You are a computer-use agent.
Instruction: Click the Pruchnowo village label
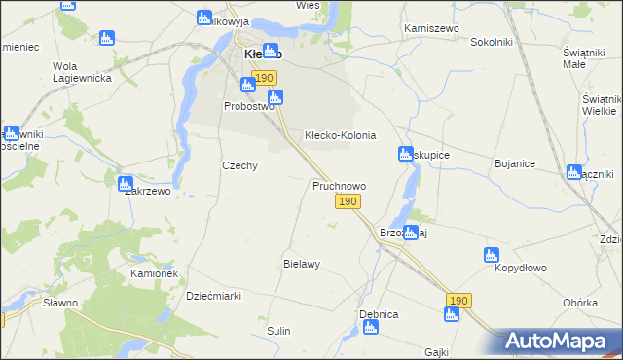(x=339, y=185)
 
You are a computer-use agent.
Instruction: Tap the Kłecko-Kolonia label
(x=340, y=135)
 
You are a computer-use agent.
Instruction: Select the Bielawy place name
(x=302, y=264)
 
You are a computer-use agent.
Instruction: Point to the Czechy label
(x=239, y=165)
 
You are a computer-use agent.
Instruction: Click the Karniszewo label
(x=432, y=30)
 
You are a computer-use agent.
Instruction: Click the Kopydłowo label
(x=521, y=268)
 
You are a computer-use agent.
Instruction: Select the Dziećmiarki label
(x=213, y=296)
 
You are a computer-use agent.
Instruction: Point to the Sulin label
(x=279, y=331)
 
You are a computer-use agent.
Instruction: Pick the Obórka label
(x=580, y=303)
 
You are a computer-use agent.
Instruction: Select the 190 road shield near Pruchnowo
(x=348, y=201)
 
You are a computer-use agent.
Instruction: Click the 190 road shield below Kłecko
(x=263, y=77)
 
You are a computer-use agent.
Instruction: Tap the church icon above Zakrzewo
(x=125, y=183)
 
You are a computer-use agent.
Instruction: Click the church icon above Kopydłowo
(x=492, y=255)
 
